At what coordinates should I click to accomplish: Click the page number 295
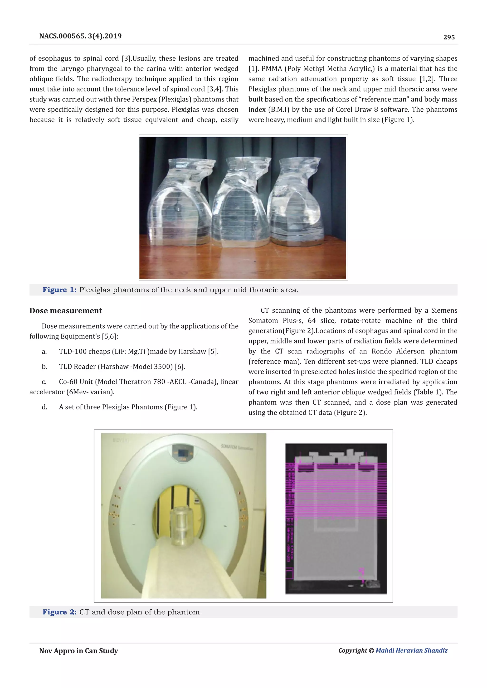click(449, 37)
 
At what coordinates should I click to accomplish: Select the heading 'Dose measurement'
click(66, 311)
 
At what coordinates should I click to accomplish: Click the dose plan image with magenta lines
click(336, 518)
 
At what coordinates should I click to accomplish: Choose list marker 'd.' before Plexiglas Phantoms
click(44, 407)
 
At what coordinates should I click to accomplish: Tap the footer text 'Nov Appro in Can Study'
click(78, 651)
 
